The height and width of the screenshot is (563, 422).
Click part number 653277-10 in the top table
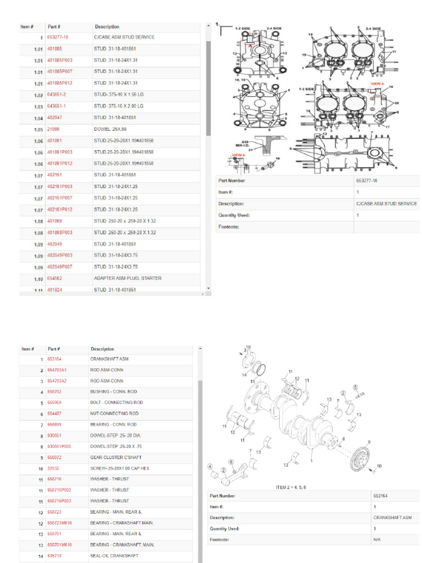tap(58, 37)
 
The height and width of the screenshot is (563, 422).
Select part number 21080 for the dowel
tap(53, 129)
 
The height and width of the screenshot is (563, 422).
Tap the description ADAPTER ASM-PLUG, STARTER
tap(127, 278)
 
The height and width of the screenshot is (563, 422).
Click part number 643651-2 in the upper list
tap(57, 95)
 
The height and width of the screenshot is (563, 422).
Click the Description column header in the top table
tap(107, 26)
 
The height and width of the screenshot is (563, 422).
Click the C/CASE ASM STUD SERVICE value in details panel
tap(386, 203)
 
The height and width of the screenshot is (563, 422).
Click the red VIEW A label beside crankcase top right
tap(377, 84)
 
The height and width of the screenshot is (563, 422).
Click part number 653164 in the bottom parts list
tap(54, 359)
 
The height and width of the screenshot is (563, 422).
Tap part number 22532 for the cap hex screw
tap(53, 468)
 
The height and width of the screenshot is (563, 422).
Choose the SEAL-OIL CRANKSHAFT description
tap(114, 556)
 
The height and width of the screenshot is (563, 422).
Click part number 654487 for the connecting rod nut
tap(54, 413)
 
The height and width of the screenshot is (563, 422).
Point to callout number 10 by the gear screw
tap(379, 466)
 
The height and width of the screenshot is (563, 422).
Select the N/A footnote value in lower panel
tap(377, 540)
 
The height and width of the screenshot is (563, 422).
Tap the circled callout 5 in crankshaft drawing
tap(356, 387)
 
